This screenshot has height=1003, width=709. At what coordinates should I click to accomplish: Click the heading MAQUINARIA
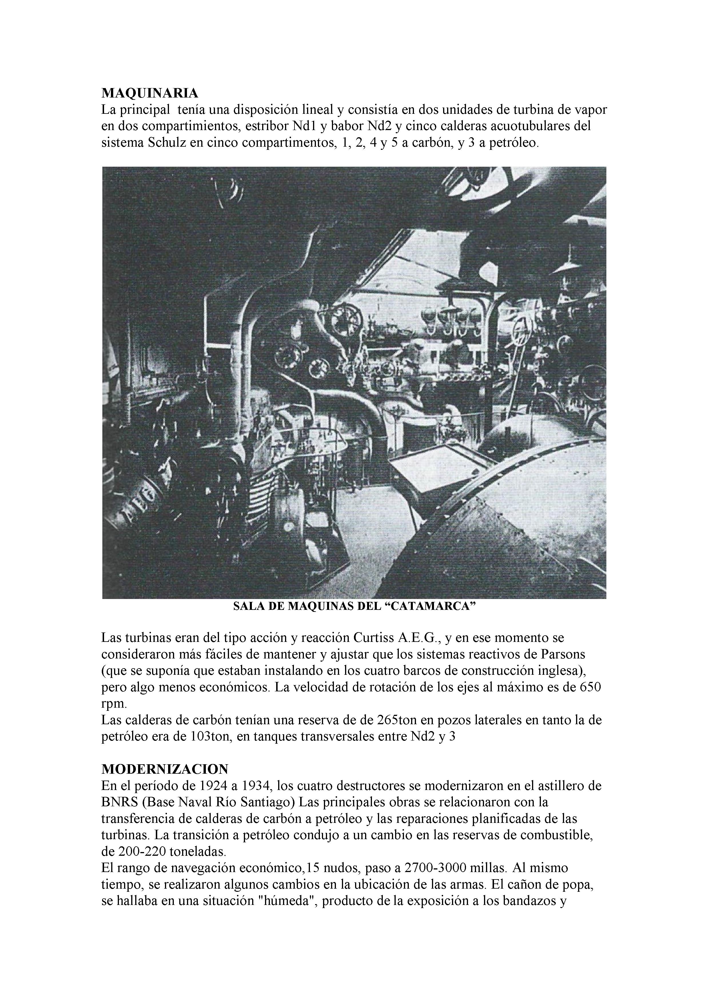pyautogui.click(x=150, y=93)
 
